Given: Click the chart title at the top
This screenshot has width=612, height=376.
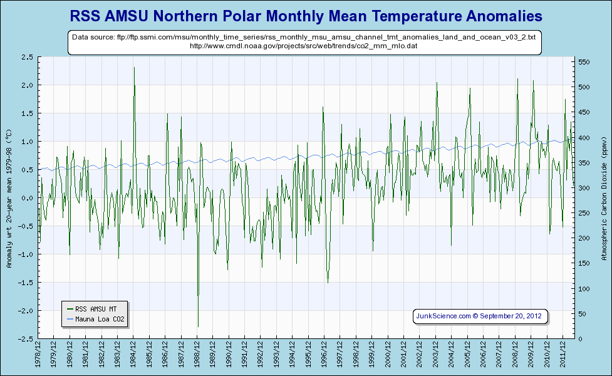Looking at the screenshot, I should click(x=306, y=14).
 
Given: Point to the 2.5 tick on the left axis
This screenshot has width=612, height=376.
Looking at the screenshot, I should click(x=27, y=57).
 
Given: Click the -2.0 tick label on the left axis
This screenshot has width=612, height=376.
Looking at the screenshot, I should click(x=26, y=311).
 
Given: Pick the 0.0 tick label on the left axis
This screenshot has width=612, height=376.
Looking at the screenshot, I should click(x=27, y=198).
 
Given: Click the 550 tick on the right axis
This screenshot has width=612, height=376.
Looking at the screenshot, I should click(x=584, y=63).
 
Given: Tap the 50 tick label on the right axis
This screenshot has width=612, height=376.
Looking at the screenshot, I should click(x=582, y=314).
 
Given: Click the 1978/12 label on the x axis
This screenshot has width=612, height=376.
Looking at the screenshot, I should click(x=39, y=355).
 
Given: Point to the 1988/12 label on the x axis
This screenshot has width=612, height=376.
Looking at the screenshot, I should click(x=198, y=355).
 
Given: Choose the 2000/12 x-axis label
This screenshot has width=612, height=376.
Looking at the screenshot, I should click(x=389, y=355).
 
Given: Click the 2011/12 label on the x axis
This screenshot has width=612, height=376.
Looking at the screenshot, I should click(x=564, y=355).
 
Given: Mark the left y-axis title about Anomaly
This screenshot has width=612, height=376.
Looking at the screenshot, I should click(x=9, y=198).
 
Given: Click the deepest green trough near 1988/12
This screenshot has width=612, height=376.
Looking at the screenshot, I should click(x=198, y=326).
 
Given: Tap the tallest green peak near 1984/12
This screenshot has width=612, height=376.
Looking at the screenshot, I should click(x=134, y=68).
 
